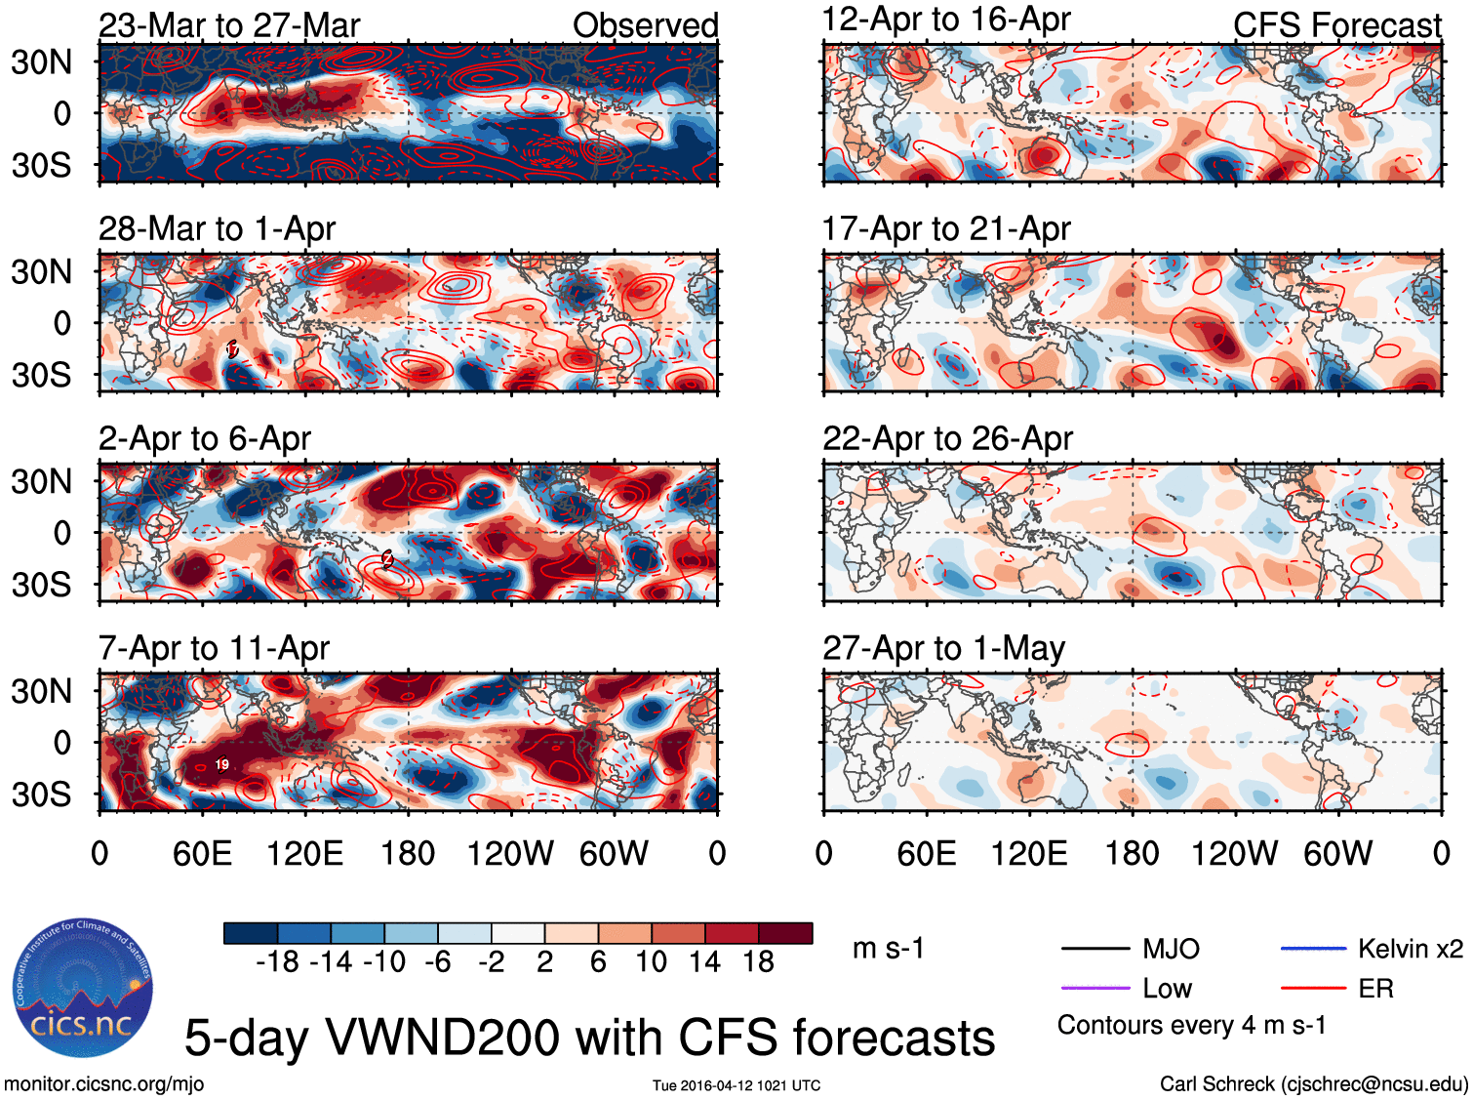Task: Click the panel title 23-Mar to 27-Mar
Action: pyautogui.click(x=229, y=24)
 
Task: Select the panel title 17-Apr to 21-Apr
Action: pyautogui.click(x=946, y=229)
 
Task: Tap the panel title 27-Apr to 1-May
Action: pyautogui.click(x=943, y=649)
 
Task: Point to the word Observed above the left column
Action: pyautogui.click(x=645, y=25)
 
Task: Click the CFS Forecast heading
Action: pyautogui.click(x=1336, y=25)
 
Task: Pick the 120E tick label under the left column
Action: pyautogui.click(x=305, y=854)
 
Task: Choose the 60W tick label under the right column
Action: pyautogui.click(x=1337, y=854)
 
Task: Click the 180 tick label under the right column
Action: pyautogui.click(x=1132, y=854)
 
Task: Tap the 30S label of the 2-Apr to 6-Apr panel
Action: pyautogui.click(x=42, y=585)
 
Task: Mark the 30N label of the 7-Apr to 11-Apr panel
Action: pyautogui.click(x=42, y=691)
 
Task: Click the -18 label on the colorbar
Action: pyautogui.click(x=278, y=962)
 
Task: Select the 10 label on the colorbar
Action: pyautogui.click(x=651, y=962)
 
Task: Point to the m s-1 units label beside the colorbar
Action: pyautogui.click(x=888, y=949)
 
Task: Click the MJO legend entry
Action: pyautogui.click(x=1171, y=949)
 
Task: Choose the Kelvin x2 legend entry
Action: pyautogui.click(x=1410, y=949)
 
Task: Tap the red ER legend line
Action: pyautogui.click(x=1313, y=989)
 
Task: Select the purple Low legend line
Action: pyautogui.click(x=1095, y=989)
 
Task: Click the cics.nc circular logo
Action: pyautogui.click(x=83, y=988)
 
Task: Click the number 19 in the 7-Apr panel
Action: pyautogui.click(x=221, y=764)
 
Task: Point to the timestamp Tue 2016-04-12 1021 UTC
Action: pyautogui.click(x=736, y=1085)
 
